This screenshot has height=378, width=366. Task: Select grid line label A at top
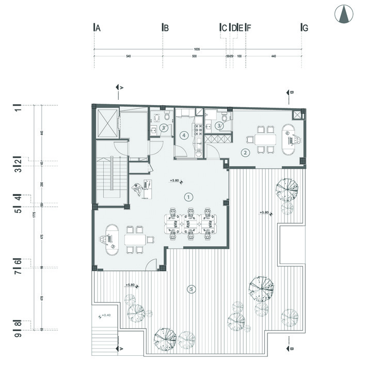point(97,28)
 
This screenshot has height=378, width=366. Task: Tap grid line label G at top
point(305,28)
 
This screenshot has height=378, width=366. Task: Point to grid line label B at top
point(166,28)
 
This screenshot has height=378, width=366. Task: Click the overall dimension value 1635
point(197,49)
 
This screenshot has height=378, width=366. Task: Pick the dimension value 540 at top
point(128,56)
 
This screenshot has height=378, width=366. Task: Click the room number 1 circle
point(188,196)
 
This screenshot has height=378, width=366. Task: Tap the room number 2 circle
point(246,152)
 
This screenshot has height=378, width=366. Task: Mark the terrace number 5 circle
point(191,289)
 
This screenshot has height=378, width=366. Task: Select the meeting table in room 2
point(262,139)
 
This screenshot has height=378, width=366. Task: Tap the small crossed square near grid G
point(298,114)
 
